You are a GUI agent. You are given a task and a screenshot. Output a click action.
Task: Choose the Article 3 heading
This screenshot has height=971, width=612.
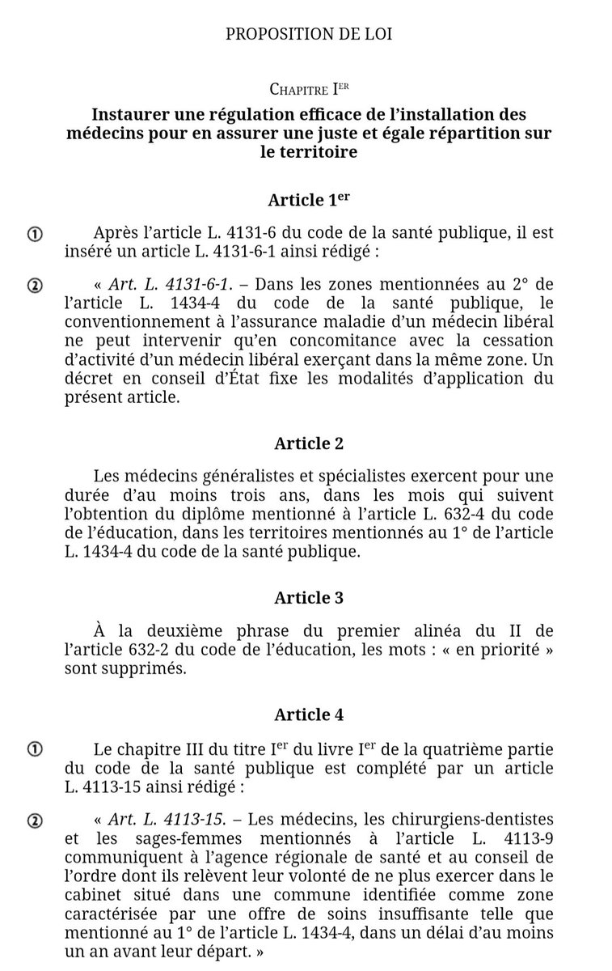[309, 597]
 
